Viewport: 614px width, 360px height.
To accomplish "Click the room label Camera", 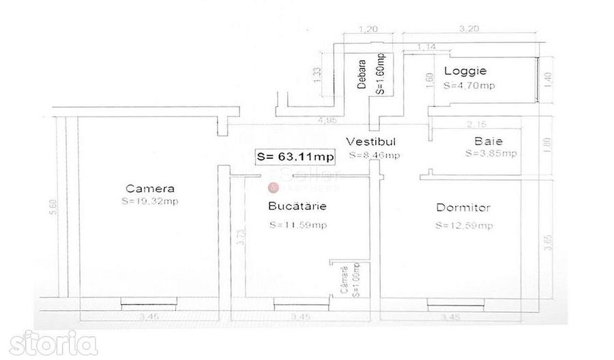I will [150, 189].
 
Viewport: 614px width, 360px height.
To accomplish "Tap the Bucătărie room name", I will [295, 206].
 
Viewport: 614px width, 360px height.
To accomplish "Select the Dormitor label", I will [464, 208].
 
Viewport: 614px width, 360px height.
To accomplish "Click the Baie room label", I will [488, 142].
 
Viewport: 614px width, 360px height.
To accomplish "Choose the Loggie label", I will [465, 71].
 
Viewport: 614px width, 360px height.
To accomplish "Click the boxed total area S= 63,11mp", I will [295, 157].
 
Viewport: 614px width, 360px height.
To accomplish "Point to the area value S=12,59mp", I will [464, 226].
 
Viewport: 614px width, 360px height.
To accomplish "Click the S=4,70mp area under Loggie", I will [469, 87].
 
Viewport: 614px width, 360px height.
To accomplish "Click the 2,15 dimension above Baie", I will [475, 125].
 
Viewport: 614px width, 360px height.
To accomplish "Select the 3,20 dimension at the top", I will [467, 29].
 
